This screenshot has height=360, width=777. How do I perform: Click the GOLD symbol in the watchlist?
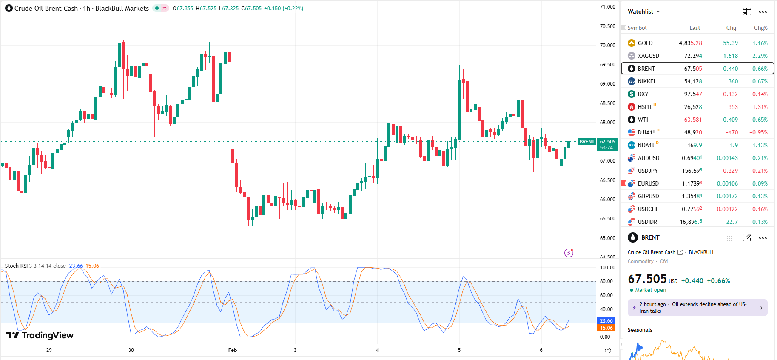645,43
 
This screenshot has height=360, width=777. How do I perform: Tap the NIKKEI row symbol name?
646,81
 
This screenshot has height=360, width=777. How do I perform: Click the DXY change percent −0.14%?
758,94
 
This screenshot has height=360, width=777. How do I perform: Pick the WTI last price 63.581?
693,120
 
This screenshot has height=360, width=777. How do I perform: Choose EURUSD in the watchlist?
648,183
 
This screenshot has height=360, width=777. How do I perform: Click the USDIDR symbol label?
647,222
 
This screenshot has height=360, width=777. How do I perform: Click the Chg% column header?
760,28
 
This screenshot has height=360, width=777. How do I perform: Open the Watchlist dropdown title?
643,11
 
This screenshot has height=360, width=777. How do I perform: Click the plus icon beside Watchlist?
731,11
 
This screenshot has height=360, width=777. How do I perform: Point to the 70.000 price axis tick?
607,46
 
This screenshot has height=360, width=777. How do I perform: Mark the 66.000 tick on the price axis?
607,200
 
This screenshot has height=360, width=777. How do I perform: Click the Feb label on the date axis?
232,350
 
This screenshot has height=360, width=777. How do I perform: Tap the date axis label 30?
131,350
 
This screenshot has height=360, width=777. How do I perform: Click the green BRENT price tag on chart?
587,142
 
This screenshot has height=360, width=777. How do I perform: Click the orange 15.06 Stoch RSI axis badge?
606,328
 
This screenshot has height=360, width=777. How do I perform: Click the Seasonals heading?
640,330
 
